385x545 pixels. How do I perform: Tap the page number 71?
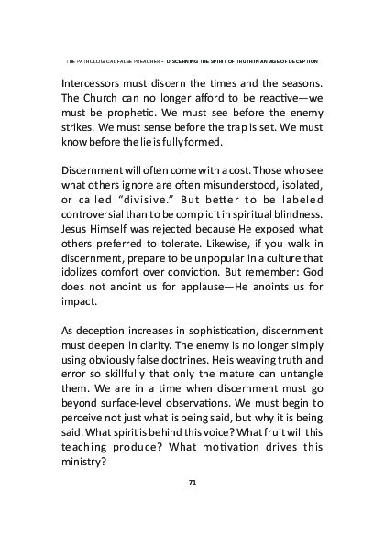(x=192, y=479)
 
